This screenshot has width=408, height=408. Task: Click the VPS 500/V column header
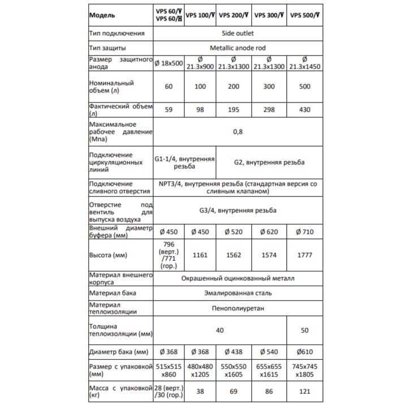click(304, 16)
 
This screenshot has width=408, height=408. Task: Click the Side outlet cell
click(238, 33)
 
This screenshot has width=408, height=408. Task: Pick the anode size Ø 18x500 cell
click(169, 63)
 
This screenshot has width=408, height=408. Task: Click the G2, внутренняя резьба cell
click(269, 162)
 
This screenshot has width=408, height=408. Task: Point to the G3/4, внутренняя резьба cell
click(238, 211)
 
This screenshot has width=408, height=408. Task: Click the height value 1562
click(234, 255)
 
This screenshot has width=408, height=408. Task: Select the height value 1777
click(304, 255)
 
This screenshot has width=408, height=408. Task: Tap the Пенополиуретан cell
click(238, 309)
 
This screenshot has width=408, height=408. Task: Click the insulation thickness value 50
click(304, 329)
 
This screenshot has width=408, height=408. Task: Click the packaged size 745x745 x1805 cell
click(304, 371)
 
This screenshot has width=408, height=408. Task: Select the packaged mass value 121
click(304, 390)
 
